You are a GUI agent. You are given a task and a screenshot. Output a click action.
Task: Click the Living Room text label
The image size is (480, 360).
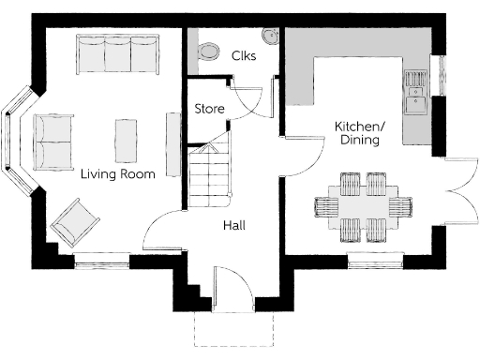tap(117, 173)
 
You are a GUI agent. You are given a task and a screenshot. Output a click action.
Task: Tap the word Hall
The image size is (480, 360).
tap(234, 226)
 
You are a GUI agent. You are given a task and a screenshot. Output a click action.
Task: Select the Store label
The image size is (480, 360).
tap(209, 109)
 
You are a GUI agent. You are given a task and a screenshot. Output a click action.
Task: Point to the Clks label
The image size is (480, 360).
tap(244, 55)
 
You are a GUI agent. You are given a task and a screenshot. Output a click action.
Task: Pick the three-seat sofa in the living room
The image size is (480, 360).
tap(116, 55)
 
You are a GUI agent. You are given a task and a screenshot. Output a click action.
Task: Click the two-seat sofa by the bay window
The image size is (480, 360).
tap(52, 141)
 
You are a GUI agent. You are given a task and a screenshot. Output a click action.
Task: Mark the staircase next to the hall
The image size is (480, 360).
tap(210, 176)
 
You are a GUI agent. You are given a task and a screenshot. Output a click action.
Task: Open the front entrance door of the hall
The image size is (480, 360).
tap(231, 287)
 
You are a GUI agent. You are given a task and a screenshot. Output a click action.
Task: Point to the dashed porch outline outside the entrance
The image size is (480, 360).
tap(235, 330)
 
